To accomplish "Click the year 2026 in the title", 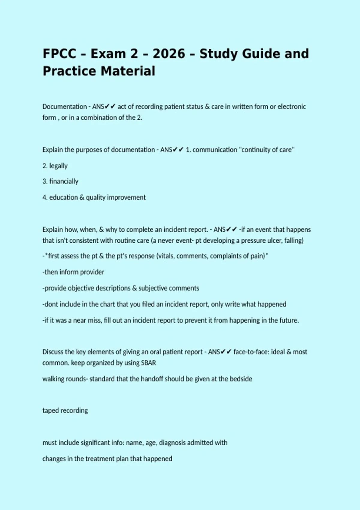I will point(169,54).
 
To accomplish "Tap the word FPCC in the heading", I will point(59,54).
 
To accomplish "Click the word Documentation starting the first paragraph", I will point(64,107).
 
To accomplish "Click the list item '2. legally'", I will point(55,166).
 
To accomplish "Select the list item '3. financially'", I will point(60,181).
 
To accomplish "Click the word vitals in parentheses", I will point(165,256).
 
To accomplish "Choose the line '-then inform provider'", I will point(73,272).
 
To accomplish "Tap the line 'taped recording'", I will point(65,410).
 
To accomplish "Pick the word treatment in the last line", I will point(99,459).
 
